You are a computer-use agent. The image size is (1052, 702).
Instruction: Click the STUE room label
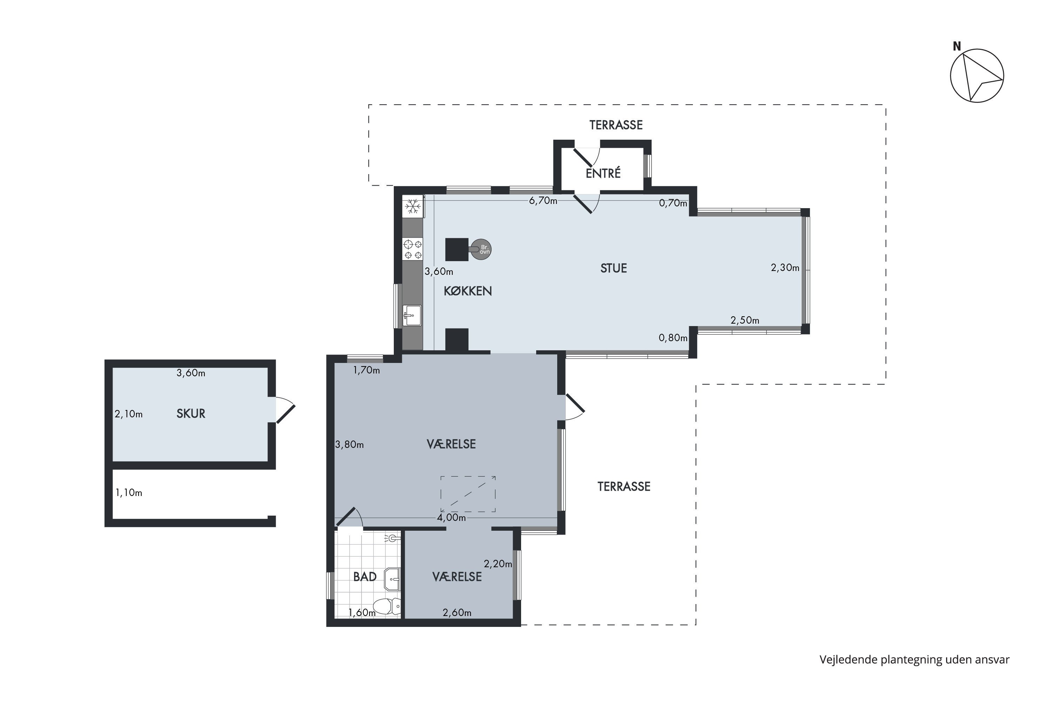pyautogui.click(x=613, y=268)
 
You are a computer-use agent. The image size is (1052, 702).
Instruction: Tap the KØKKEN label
pyautogui.click(x=467, y=291)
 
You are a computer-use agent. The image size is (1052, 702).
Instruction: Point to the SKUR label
pyautogui.click(x=191, y=414)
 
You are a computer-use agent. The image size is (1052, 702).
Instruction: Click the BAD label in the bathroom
pyautogui.click(x=365, y=577)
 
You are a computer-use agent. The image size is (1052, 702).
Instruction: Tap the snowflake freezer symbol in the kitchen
pyautogui.click(x=413, y=206)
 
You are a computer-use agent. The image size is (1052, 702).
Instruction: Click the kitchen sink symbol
pyautogui.click(x=412, y=316)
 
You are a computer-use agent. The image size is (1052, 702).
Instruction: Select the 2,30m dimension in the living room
pyautogui.click(x=785, y=268)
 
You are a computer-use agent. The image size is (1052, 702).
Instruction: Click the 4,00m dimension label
pyautogui.click(x=451, y=517)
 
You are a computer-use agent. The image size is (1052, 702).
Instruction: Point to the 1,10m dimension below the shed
pyautogui.click(x=129, y=492)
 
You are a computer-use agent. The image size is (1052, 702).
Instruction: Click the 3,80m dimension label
pyautogui.click(x=349, y=445)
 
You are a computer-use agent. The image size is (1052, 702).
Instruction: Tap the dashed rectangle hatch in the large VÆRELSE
pyautogui.click(x=468, y=494)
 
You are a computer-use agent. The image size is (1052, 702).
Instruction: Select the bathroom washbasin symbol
pyautogui.click(x=392, y=580)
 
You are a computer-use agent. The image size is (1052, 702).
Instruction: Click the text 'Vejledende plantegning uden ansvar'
pyautogui.click(x=914, y=660)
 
